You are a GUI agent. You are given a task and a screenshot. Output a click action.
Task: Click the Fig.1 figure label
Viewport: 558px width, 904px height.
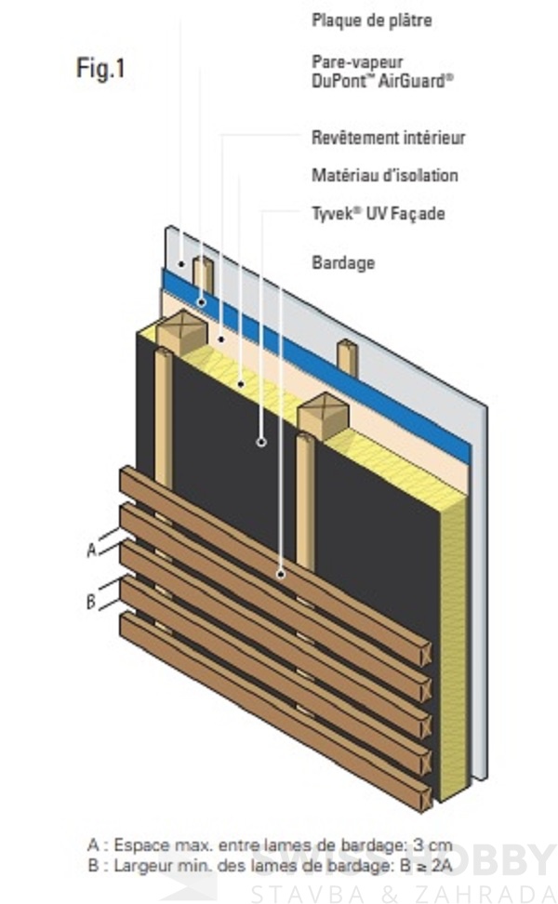click(100, 69)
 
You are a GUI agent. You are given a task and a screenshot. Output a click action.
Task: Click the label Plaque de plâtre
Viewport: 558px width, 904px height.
click(372, 20)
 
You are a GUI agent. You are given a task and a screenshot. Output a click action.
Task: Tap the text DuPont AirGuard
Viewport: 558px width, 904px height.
click(382, 80)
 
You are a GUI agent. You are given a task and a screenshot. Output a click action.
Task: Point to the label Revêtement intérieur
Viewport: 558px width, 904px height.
click(388, 138)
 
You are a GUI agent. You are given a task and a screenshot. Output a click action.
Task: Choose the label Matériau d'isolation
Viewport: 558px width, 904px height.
click(384, 175)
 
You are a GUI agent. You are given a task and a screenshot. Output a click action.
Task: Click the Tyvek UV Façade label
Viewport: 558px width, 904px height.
click(378, 213)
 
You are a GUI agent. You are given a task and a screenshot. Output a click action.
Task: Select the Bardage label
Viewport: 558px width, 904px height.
click(343, 262)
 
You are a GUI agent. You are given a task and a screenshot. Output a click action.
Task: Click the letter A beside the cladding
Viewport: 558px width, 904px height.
click(91, 550)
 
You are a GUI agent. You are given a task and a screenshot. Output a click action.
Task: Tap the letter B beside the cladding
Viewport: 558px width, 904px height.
click(91, 602)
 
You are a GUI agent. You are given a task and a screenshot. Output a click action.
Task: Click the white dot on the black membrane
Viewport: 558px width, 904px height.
click(261, 442)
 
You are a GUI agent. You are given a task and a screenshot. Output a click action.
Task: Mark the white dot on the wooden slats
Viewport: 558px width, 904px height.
click(281, 574)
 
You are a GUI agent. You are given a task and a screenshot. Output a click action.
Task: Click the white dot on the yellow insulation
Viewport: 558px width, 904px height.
click(241, 381)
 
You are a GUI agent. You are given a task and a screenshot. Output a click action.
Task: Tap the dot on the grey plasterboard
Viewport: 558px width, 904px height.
click(181, 264)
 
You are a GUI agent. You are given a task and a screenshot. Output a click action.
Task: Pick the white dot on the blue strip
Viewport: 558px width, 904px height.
click(201, 302)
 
